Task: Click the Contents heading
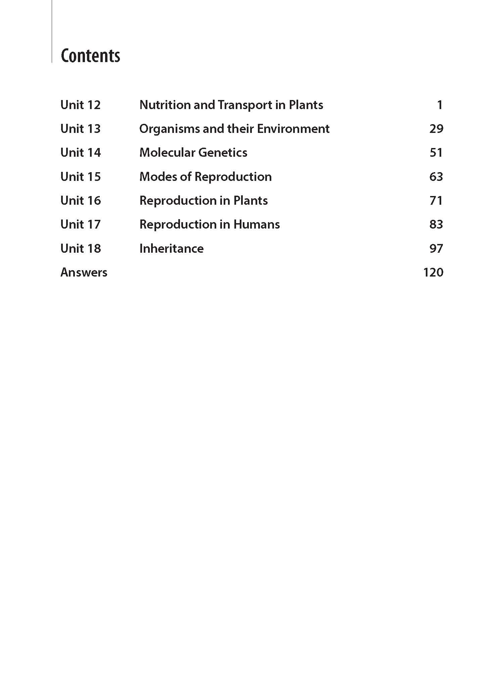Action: click(x=90, y=56)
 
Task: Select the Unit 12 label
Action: click(x=81, y=105)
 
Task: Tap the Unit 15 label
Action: click(x=81, y=177)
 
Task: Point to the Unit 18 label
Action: click(x=81, y=249)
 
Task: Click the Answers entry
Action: click(x=84, y=273)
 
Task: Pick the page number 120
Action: click(x=433, y=273)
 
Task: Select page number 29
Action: click(x=436, y=129)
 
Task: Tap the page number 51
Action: click(x=436, y=153)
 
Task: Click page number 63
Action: click(x=436, y=177)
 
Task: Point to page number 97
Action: click(x=436, y=249)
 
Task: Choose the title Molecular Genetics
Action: click(x=193, y=153)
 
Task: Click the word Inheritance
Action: click(x=172, y=249)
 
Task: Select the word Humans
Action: click(x=257, y=225)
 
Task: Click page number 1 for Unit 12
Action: click(x=440, y=105)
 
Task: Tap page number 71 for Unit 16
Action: click(x=436, y=201)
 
